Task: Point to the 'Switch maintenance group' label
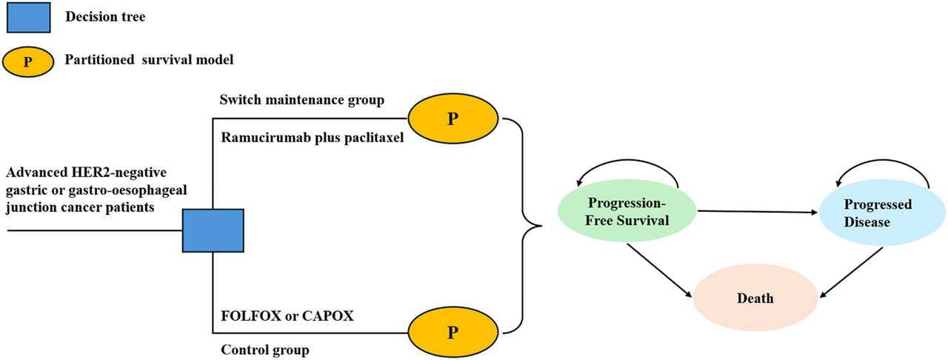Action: coord(302,100)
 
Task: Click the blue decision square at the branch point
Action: coord(213,230)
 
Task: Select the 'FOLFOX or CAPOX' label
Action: coord(287,316)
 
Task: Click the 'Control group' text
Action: coord(264,349)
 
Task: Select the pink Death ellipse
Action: coord(755,298)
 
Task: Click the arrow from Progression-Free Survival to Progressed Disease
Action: coord(755,213)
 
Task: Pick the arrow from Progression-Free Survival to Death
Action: coord(660,268)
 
